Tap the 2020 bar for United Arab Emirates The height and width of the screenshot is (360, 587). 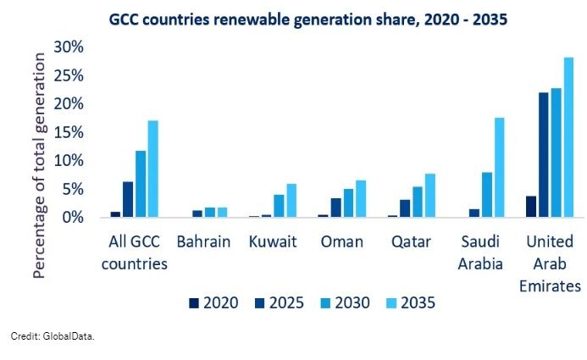(530, 207)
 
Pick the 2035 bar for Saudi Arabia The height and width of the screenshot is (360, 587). (499, 168)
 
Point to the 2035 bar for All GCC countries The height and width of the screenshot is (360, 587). (153, 169)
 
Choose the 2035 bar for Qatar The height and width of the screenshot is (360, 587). (429, 196)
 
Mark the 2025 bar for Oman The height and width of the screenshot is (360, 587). (335, 208)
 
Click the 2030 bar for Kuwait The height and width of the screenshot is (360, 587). (278, 206)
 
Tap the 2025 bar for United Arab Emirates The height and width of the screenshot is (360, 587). (543, 155)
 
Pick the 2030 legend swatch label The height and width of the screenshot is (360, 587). (342, 302)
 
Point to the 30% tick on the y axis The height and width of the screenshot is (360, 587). (70, 47)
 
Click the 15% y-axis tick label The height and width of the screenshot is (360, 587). (70, 132)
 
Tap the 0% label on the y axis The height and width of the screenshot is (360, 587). (75, 218)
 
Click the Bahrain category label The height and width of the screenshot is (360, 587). (203, 242)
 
